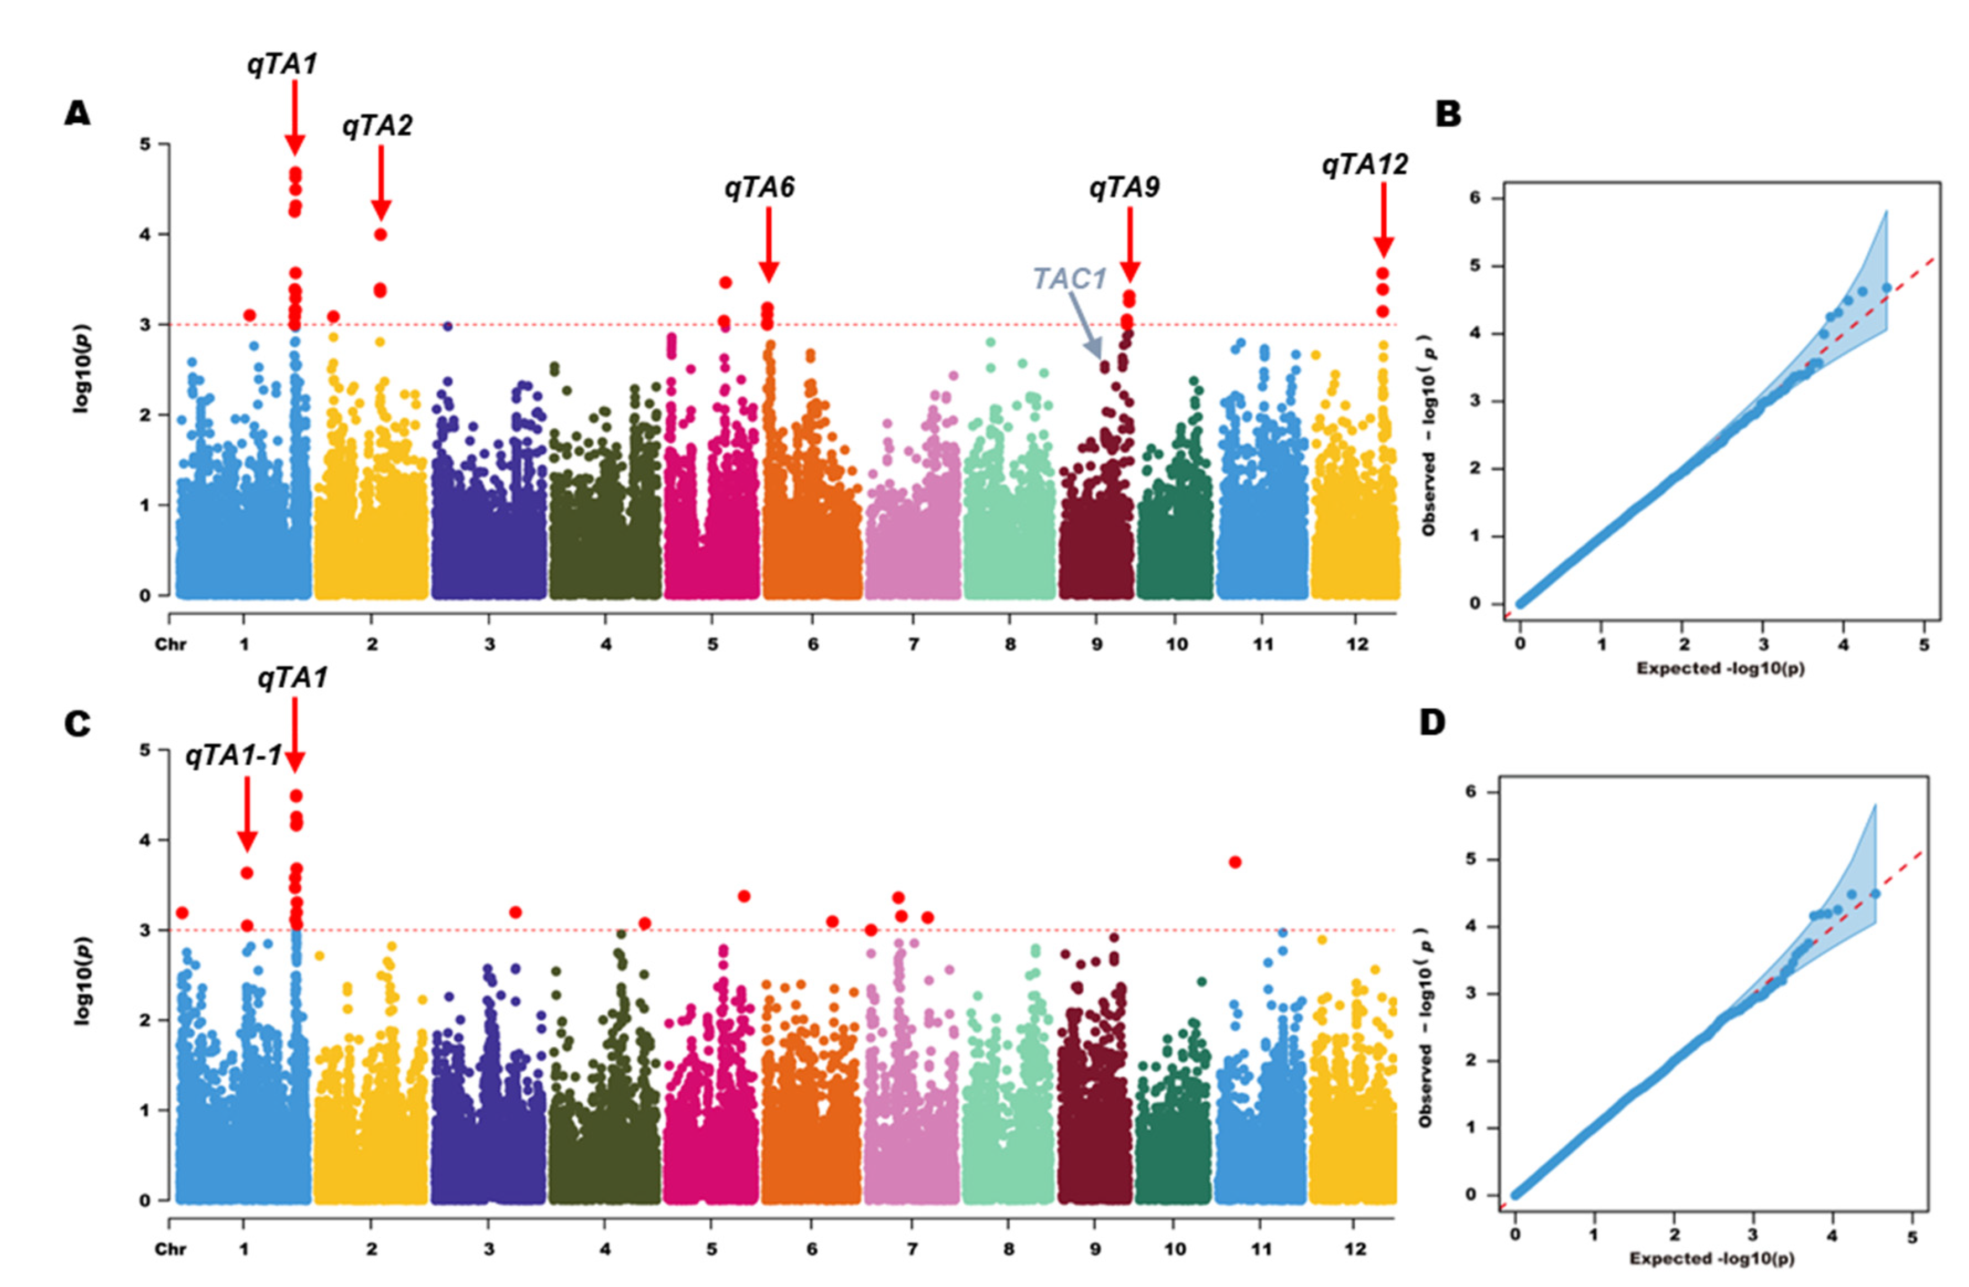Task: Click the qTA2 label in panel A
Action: (x=377, y=126)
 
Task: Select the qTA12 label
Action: (x=1364, y=165)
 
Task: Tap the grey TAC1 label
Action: (x=1069, y=279)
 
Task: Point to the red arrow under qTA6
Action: (x=769, y=245)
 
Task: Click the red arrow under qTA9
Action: (x=1130, y=245)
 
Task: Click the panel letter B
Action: (x=1448, y=115)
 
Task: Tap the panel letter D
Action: (x=1432, y=723)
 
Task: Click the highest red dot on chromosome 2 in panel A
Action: (x=380, y=234)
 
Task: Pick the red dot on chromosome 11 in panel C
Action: (x=1235, y=862)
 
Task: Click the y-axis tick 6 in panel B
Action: (x=1474, y=199)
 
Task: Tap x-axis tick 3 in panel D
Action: (x=1753, y=1237)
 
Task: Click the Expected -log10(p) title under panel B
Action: (x=1720, y=668)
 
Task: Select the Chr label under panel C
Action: (x=170, y=1249)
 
